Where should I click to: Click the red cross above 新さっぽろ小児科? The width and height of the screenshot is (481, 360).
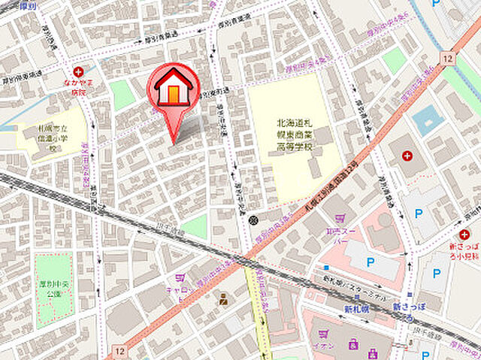pyautogui.click(x=464, y=235)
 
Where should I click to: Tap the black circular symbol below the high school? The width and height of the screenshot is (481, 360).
pyautogui.click(x=254, y=219)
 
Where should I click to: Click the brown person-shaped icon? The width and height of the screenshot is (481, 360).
pyautogui.click(x=223, y=300)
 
